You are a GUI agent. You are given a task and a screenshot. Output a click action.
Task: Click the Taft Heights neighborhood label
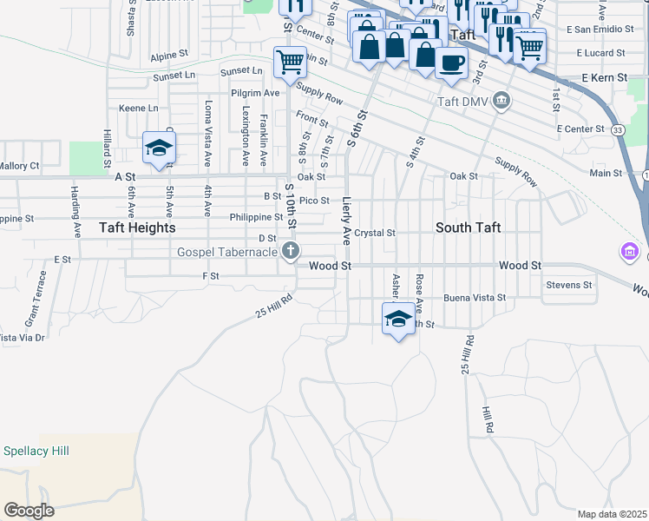click(x=137, y=228)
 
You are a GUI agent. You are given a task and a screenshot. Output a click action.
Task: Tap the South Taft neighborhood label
click(x=468, y=228)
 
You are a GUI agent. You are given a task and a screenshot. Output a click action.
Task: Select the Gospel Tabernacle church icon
click(x=290, y=252)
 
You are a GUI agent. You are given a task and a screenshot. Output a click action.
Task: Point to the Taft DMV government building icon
click(x=501, y=102)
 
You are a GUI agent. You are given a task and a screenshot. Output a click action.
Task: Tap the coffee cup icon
click(x=451, y=63)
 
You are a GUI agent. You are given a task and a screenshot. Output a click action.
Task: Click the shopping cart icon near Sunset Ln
click(x=289, y=62)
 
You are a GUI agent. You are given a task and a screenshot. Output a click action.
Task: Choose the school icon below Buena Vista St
click(x=398, y=318)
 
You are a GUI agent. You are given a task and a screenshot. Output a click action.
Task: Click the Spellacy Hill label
click(x=36, y=451)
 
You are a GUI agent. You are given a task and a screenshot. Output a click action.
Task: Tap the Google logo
click(x=29, y=511)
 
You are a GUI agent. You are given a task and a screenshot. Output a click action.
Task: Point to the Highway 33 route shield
click(x=617, y=129)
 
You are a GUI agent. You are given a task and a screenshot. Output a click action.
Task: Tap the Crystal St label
click(x=375, y=233)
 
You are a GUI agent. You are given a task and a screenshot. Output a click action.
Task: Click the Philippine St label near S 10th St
click(x=257, y=217)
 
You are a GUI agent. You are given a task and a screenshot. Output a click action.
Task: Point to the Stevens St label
click(x=568, y=284)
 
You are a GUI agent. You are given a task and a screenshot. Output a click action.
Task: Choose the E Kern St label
click(x=604, y=78)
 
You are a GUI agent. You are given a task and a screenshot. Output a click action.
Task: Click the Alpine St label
click(x=168, y=55)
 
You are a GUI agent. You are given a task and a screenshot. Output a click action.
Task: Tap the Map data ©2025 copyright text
click(x=611, y=514)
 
